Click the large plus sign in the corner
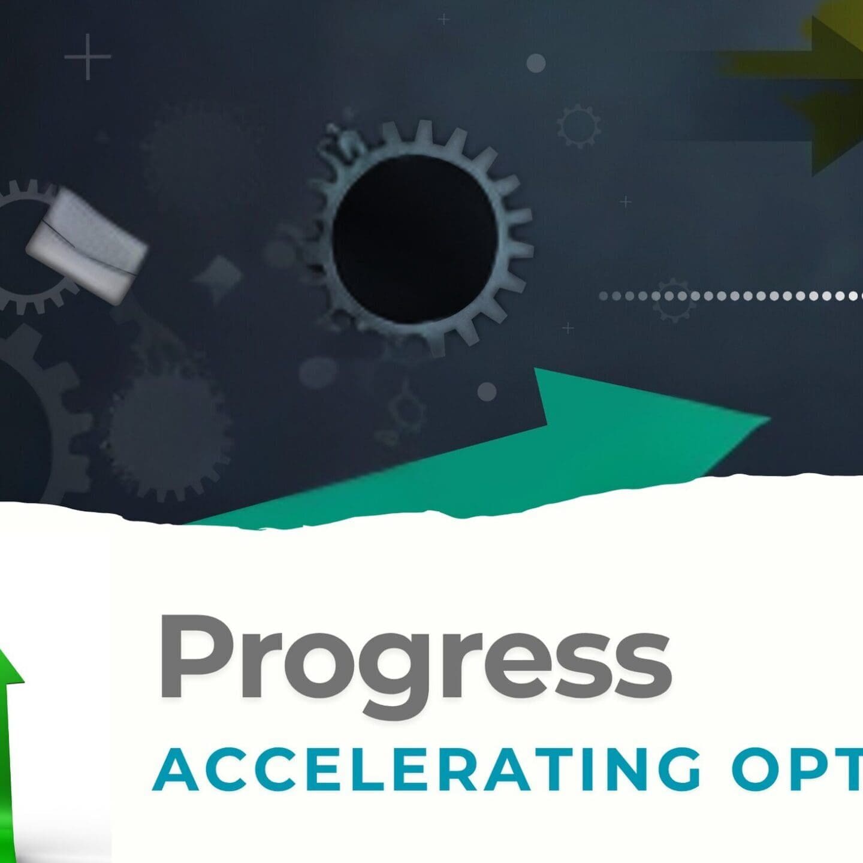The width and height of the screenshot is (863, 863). point(87,57)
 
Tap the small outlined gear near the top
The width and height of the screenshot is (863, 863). point(578,126)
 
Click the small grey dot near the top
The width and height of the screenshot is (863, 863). point(536,63)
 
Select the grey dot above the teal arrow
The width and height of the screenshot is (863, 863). point(487,392)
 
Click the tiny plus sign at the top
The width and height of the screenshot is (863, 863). point(443,20)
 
